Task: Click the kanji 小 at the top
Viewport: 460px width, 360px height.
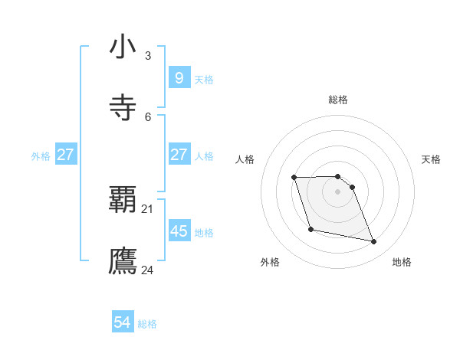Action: [123, 47]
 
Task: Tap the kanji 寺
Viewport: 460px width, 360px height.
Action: [123, 107]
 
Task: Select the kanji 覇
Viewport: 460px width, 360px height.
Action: [123, 200]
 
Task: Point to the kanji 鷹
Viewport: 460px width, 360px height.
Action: [123, 261]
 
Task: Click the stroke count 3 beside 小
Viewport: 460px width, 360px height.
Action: [148, 55]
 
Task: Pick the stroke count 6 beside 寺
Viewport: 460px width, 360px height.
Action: [148, 116]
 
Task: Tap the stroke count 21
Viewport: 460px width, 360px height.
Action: [148, 208]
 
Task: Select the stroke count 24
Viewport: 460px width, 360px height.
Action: [148, 270]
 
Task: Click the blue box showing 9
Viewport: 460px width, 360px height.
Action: [179, 77]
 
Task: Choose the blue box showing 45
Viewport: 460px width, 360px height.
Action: [179, 231]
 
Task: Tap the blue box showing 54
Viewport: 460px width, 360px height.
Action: [123, 322]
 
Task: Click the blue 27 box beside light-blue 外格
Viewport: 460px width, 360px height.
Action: [65, 155]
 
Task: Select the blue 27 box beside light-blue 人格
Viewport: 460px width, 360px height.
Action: [179, 155]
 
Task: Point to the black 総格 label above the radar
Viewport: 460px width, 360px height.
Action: [338, 100]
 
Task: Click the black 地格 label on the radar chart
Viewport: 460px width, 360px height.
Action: [402, 262]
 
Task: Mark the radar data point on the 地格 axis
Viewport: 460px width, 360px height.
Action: [374, 242]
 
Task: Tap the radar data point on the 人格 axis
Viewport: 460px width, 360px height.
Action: [294, 178]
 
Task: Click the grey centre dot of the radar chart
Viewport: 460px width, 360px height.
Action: [338, 191]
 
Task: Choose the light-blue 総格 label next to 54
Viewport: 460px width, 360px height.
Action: [147, 324]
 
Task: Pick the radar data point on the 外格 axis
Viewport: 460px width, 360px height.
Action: [310, 229]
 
